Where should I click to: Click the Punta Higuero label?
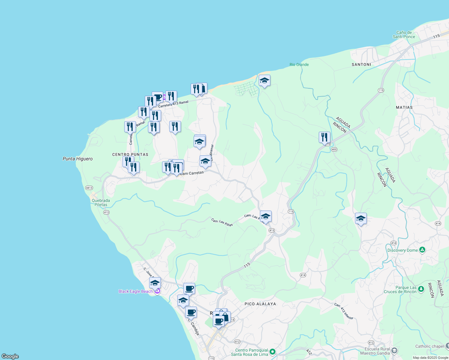coord(77,159)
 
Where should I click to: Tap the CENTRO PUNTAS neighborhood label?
coord(130,154)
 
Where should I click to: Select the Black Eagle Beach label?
coord(136,291)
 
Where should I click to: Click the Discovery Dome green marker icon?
coord(422,250)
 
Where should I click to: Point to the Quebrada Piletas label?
coord(101,202)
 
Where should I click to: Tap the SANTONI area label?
coord(361,64)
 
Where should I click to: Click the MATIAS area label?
coord(404,107)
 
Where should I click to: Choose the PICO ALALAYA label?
coord(260,304)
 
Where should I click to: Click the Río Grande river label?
coord(299,64)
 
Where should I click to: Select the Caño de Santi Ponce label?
coord(404,34)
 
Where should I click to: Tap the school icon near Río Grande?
coord(264,81)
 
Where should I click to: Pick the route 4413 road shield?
coord(89,188)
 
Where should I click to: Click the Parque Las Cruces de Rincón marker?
coord(421,289)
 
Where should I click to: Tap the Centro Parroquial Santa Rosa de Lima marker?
coord(273,351)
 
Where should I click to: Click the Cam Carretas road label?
coord(192,173)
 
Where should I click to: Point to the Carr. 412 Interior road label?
coord(344,311)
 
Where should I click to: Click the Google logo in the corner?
coord(10,356)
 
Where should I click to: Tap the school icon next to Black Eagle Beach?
coord(155,283)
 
